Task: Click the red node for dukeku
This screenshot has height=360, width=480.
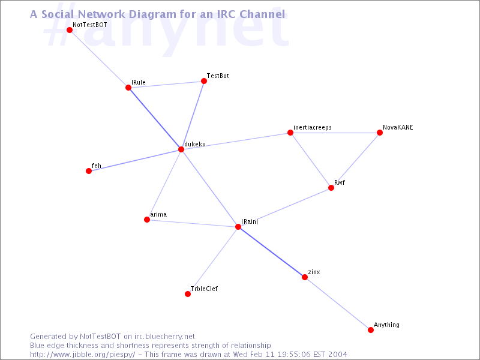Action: tap(181, 149)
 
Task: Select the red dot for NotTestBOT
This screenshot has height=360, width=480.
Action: tap(70, 30)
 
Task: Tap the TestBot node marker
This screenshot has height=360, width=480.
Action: tap(204, 81)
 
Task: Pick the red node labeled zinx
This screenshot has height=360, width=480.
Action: tap(305, 277)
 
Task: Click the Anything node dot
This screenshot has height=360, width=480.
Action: tap(371, 330)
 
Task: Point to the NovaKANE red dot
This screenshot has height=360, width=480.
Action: tap(380, 133)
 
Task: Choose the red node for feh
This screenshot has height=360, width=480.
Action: tap(89, 171)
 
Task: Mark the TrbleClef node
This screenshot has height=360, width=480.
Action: tap(188, 294)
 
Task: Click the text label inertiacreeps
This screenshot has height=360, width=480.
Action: tap(312, 127)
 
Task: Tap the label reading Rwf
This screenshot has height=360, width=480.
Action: tap(340, 183)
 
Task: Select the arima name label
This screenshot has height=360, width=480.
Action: tap(158, 215)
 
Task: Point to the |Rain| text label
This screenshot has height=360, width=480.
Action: tap(250, 221)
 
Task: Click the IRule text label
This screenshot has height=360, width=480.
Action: tap(139, 82)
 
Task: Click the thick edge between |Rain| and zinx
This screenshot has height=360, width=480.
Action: tap(271, 252)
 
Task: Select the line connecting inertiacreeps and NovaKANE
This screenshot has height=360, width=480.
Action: tap(335, 133)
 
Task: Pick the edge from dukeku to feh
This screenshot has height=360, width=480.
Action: tap(135, 160)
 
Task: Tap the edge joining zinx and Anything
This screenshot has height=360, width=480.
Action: tap(338, 304)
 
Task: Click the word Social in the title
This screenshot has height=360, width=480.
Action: tap(58, 14)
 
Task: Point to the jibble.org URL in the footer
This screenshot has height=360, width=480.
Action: tap(83, 355)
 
